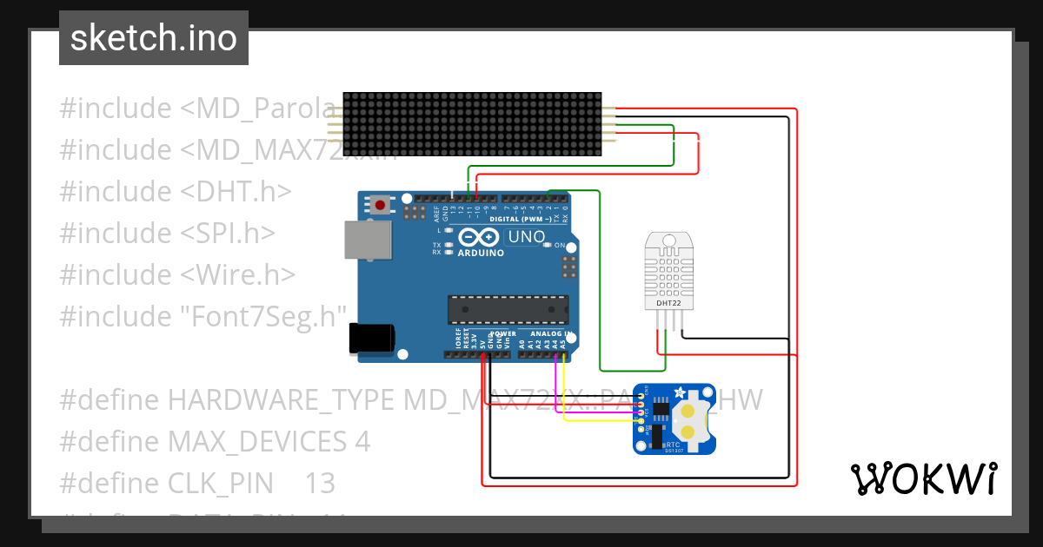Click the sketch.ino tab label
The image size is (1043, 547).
(x=153, y=38)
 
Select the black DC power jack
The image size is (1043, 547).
(x=370, y=339)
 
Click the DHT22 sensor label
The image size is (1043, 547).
(x=668, y=303)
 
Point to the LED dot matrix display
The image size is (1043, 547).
(x=472, y=124)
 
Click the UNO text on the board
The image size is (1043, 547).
(x=527, y=236)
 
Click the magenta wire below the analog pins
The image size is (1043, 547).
(x=555, y=382)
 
